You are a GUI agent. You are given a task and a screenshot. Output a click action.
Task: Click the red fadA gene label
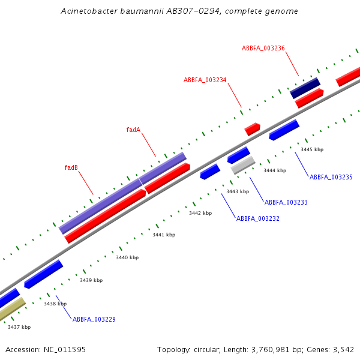pos(133,130)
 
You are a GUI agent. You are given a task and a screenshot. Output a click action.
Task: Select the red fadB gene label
pos(71,167)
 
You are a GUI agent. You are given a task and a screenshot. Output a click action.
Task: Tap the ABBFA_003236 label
pos(263,48)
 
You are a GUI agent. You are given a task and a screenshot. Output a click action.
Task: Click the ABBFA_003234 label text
pos(205,80)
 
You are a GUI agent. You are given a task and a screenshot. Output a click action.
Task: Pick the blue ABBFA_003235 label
pos(331,177)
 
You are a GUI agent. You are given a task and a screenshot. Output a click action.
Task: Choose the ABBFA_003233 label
pos(286,202)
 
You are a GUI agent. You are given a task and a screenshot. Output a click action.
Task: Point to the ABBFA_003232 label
pos(257,218)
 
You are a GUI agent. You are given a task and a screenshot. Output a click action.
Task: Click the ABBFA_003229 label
pos(94,319)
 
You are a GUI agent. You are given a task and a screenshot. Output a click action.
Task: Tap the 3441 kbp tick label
pos(164,235)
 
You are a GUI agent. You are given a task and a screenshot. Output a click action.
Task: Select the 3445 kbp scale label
pos(312,149)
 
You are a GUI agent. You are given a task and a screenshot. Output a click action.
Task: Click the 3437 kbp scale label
pos(19,327)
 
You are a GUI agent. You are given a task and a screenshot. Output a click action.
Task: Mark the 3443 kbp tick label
pos(238,191)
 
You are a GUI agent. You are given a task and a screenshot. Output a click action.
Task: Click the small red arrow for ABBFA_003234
pos(252,128)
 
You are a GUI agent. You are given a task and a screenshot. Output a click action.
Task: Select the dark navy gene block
pos(305,88)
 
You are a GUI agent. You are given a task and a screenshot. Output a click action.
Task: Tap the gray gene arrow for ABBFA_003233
pos(243,165)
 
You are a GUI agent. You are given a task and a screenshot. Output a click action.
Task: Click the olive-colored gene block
pos(11,309)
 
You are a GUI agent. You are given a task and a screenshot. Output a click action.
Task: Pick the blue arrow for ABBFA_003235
pos(284,130)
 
